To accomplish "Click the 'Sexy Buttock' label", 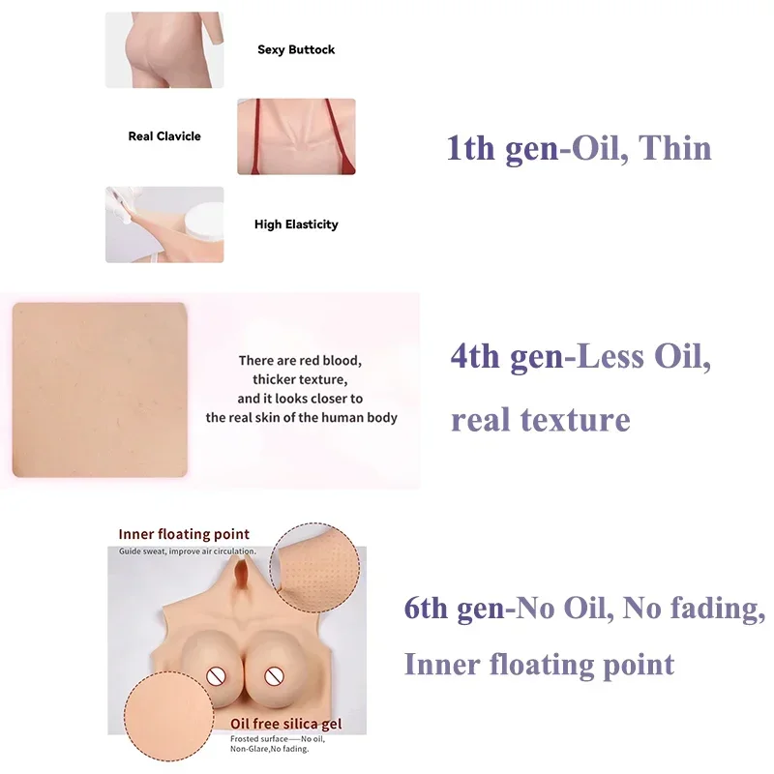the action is (296, 50).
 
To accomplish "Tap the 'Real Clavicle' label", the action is (164, 136).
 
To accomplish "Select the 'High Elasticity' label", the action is (296, 224).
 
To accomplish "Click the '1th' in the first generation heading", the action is (470, 148).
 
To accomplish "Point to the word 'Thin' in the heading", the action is (674, 148).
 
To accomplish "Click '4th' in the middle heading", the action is (475, 356).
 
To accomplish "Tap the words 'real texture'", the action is (541, 420).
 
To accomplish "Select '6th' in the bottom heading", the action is (426, 608).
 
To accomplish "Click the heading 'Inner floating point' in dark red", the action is (184, 534).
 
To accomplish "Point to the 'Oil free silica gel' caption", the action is (285, 724).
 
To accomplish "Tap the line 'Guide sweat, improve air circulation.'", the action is (188, 551).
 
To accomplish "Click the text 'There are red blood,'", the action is (300, 361).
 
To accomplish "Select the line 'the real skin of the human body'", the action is (302, 418).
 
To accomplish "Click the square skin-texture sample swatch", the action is (100, 390).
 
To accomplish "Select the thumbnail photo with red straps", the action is (296, 136).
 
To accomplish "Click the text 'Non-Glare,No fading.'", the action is (270, 749).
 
